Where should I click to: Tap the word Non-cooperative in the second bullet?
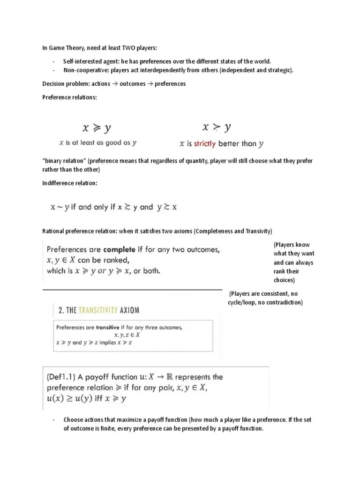tap(84, 70)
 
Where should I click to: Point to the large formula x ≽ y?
tap(97, 127)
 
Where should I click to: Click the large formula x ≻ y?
tap(217, 127)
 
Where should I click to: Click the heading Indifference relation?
tap(70, 183)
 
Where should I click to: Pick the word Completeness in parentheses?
tap(216, 231)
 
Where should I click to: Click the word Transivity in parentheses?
tap(256, 231)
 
